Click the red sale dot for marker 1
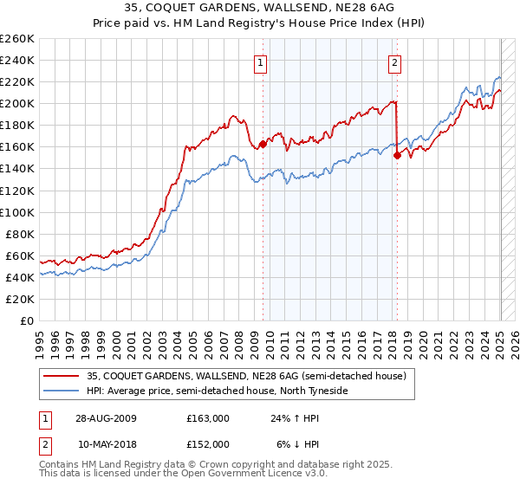click(263, 144)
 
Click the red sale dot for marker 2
click(397, 156)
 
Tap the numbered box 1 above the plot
click(260, 61)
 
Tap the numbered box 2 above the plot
click(394, 61)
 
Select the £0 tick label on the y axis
click(28, 320)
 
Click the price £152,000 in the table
click(208, 443)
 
